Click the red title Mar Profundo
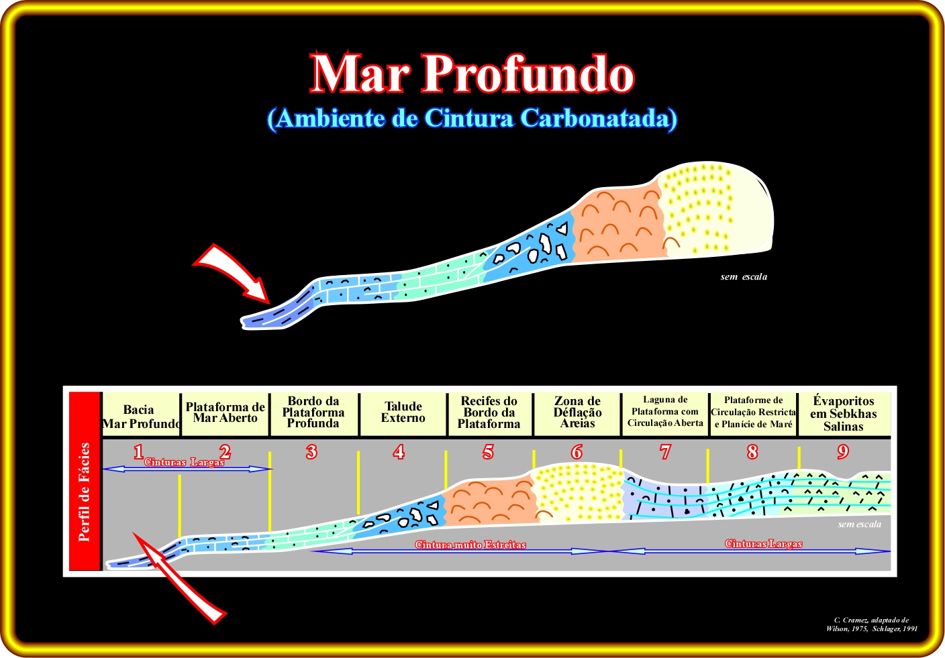472,72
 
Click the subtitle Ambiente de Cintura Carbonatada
472,119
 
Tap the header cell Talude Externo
403,413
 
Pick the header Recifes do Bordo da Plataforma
489,413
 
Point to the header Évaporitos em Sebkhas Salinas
843,414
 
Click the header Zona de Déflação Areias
577,413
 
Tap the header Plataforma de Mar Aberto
226,413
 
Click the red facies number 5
488,452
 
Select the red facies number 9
843,452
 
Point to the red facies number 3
311,452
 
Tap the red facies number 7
665,452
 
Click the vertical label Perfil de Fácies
85,492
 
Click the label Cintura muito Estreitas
470,545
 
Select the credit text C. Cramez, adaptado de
871,620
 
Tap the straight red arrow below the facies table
179,578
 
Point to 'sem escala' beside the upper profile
744,277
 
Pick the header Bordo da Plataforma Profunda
313,413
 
